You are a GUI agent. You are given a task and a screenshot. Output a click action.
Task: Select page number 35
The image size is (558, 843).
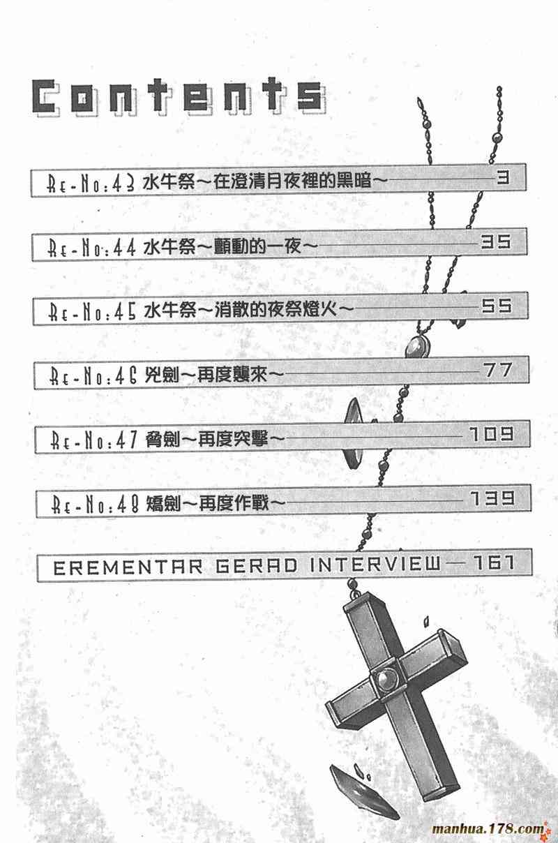coord(496,242)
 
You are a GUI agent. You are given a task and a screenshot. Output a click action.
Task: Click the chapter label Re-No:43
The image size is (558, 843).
coord(91,184)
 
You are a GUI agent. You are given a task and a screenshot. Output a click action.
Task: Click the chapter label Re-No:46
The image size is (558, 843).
coord(92,376)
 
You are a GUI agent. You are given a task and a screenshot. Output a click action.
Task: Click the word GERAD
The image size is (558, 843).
coord(239,566)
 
